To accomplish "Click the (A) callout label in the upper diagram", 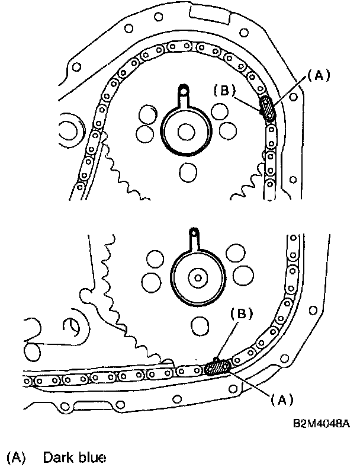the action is coord(319,76).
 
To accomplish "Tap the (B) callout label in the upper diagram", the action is coord(224,90).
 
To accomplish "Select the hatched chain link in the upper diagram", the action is coord(267,108).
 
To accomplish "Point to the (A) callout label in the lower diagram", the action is coord(282,399).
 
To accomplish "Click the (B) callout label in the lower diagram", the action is coord(242,314).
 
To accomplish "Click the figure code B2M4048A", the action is coord(322,423).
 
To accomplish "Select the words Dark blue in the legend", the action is coord(75,458).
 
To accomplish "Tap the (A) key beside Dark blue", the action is coord(17,458).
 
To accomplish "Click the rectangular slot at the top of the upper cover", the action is coord(210,14).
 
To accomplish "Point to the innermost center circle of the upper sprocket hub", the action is coord(186,132).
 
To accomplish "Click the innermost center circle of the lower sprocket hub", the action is coord(198,278).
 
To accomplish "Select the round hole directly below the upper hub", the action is coord(188,172).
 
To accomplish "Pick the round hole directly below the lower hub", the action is coord(200,326).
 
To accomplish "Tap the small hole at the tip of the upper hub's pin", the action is coord(184,89).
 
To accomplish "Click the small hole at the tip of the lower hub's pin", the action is coord(194,232).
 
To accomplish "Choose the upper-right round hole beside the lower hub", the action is coord(236,253).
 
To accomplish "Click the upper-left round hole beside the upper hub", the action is coord(148,114).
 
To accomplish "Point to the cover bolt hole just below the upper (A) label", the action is coord(293,97).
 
